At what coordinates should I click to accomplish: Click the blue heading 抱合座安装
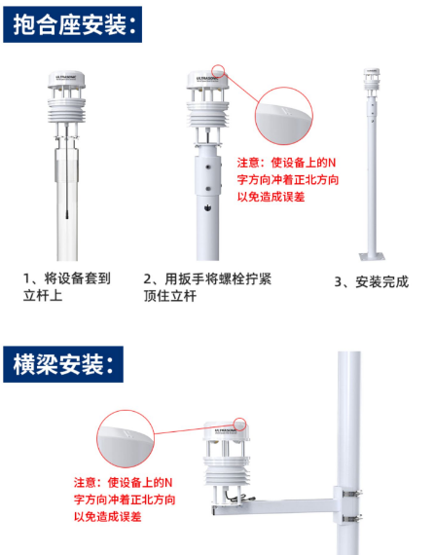pyautogui.click(x=72, y=24)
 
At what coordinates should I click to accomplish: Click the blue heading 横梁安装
pyautogui.click(x=63, y=364)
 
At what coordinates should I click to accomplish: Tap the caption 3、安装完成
pyautogui.click(x=372, y=282)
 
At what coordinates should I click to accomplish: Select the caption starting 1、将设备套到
pyautogui.click(x=67, y=287)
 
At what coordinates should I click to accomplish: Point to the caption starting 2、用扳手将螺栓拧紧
pyautogui.click(x=207, y=287)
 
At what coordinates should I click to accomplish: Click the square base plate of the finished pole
pyautogui.click(x=372, y=256)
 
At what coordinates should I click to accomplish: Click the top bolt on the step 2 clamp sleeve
pyautogui.click(x=208, y=166)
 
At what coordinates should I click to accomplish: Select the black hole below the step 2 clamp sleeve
pyautogui.click(x=208, y=207)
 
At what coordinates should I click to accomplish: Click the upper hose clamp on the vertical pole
pyautogui.click(x=352, y=493)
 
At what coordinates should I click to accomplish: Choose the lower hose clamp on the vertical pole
pyautogui.click(x=352, y=519)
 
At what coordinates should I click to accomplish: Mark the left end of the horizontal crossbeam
pyautogui.click(x=212, y=510)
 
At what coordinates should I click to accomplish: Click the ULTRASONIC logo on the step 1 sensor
pyautogui.click(x=66, y=76)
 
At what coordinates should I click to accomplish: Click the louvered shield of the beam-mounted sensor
pyautogui.click(x=227, y=470)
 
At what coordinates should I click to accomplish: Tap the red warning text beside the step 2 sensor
pyautogui.click(x=287, y=180)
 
